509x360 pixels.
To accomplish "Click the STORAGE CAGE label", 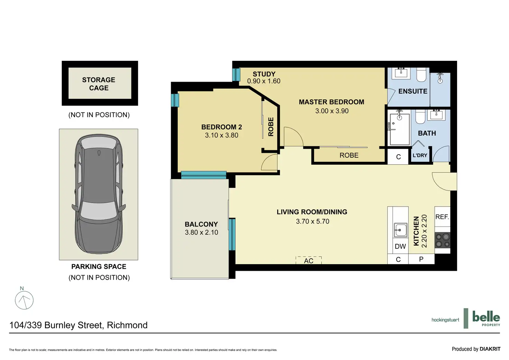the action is [99, 84].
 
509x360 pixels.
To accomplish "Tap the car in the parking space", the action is [99, 194].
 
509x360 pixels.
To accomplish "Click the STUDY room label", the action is [264, 74].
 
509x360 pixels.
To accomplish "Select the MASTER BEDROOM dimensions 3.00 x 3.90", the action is [332, 111].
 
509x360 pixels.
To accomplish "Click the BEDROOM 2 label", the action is [222, 127].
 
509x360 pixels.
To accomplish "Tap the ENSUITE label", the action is [413, 91].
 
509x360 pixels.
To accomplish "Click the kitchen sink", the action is [401, 230].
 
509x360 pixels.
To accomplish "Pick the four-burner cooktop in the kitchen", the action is [442, 240].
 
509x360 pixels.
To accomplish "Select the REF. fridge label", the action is [442, 217].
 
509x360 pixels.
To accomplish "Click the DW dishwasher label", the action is [400, 246].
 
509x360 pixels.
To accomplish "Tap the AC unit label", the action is [308, 261].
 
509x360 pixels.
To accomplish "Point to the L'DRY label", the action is [420, 156].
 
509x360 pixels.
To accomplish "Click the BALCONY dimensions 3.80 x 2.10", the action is [201, 232].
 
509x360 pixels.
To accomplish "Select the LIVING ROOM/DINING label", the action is [312, 212].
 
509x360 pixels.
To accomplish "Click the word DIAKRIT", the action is [490, 349].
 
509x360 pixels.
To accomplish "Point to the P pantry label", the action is [421, 259].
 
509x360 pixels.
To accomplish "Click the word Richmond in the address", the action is [127, 325].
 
